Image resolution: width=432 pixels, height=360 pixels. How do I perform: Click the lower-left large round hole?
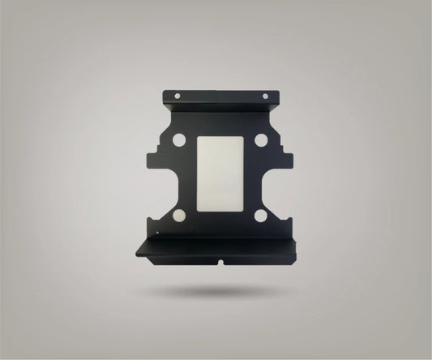180,216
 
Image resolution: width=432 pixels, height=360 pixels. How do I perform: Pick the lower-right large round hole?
260,216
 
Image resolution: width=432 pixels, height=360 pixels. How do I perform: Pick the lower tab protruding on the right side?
288,212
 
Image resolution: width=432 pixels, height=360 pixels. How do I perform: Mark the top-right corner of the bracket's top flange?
279,92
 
